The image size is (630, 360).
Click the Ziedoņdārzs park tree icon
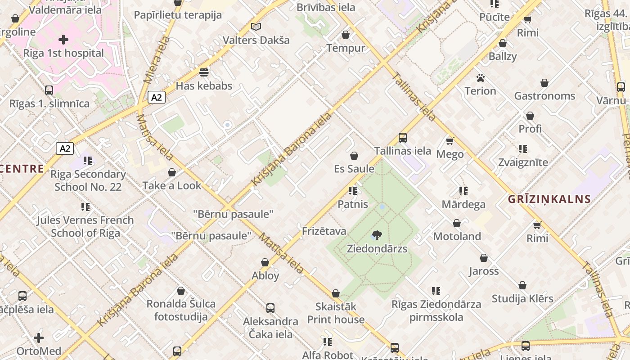pos(377,235)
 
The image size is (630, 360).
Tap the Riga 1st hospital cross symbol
pos(63,40)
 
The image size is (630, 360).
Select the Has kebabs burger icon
pos(204,72)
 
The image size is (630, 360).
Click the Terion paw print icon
pos(480,78)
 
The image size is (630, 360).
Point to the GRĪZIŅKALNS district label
pos(549,199)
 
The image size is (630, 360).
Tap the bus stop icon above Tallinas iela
pos(403,138)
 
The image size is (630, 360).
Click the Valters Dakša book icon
pos(256,27)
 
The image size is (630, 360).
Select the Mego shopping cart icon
pos(450,141)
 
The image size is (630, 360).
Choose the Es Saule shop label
pos(354,169)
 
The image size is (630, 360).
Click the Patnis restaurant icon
pos(353,191)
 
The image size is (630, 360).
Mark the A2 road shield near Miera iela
pos(157,97)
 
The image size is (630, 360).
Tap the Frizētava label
pos(324,231)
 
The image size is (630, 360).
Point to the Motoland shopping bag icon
pos(457,223)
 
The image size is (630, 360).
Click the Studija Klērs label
pos(522,298)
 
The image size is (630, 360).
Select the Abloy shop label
pos(265,275)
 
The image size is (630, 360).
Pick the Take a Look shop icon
pos(172,172)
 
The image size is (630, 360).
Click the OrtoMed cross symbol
pos(39,337)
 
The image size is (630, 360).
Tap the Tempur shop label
pos(346,48)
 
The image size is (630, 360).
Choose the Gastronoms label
pos(544,96)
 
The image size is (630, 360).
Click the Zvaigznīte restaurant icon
pos(522,149)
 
